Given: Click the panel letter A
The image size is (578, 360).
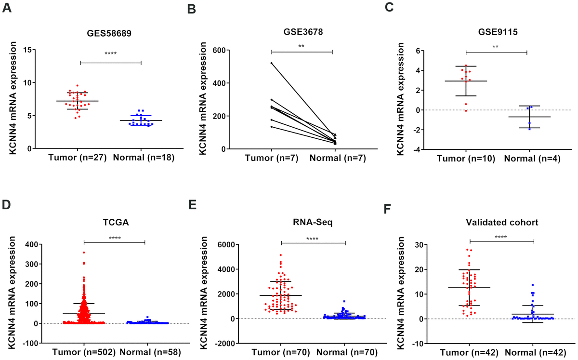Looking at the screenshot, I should (6, 8).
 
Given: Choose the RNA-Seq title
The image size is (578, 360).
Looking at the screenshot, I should (313, 223).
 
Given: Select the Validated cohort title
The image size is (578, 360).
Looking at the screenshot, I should (501, 223).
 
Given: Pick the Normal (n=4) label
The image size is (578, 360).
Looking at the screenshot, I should (529, 159).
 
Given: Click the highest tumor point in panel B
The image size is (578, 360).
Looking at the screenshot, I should (272, 63).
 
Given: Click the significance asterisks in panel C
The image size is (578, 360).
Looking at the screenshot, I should (497, 47).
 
